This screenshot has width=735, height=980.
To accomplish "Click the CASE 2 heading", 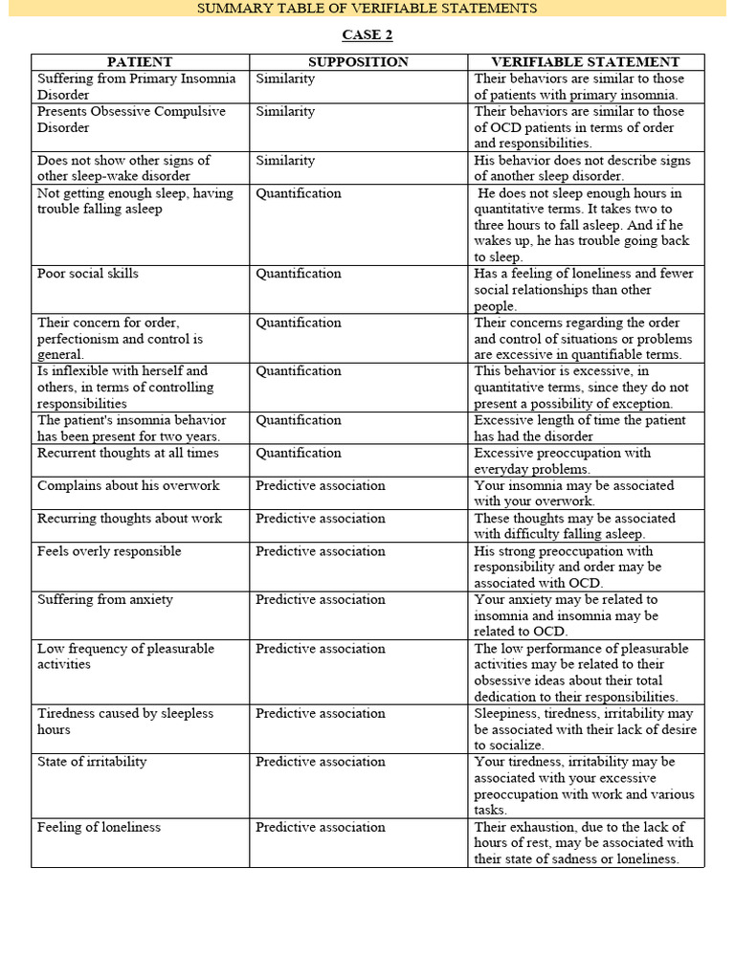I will click(x=367, y=35).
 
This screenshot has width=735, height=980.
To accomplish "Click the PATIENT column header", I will click(x=140, y=62).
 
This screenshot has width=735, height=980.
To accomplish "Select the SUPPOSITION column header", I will click(x=358, y=62).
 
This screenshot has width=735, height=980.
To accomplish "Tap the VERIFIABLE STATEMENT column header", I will click(x=585, y=62).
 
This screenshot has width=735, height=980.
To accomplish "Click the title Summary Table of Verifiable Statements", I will click(x=367, y=9).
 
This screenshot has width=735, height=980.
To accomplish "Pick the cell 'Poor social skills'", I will click(x=88, y=274).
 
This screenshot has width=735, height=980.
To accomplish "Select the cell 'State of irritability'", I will click(x=92, y=762).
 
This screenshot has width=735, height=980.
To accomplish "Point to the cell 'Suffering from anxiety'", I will click(x=105, y=600).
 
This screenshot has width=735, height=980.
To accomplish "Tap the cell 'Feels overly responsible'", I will click(x=109, y=551).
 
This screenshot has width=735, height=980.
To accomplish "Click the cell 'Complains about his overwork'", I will click(x=128, y=486).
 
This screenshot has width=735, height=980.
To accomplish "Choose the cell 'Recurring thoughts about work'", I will click(x=129, y=519).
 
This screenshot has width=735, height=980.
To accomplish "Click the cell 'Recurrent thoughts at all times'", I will click(x=128, y=454).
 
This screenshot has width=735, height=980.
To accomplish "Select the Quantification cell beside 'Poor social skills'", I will click(x=299, y=274).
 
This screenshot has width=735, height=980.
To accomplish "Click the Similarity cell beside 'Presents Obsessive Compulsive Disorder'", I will click(x=285, y=112).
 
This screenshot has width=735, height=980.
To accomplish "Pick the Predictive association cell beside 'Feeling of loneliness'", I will click(x=321, y=827).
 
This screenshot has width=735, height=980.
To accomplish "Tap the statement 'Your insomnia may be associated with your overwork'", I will click(x=574, y=493).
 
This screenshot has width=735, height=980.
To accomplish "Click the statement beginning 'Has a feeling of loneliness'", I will click(x=584, y=289).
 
